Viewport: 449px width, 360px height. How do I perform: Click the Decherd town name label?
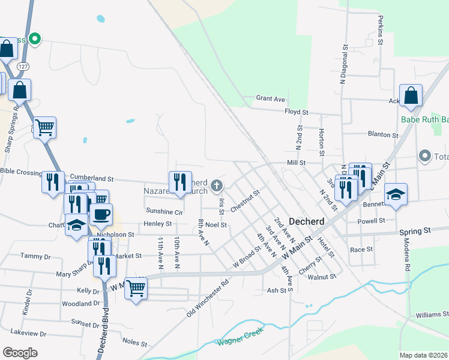click(307, 221)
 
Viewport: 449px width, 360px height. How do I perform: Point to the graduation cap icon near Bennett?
click(396, 194)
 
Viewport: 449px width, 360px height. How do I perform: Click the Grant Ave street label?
click(270, 98)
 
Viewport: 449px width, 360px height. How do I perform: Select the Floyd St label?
click(296, 112)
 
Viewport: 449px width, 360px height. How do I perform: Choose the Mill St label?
click(296, 162)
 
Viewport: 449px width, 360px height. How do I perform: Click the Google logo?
click(20, 352)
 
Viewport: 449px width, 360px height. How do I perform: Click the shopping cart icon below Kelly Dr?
click(136, 289)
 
